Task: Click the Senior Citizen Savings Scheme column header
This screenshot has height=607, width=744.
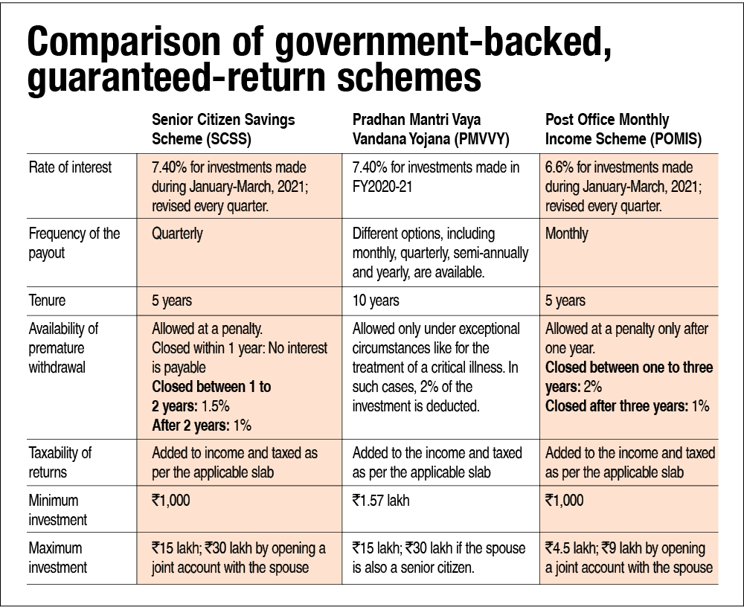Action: [x=223, y=128]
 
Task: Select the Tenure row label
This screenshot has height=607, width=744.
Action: [x=47, y=301]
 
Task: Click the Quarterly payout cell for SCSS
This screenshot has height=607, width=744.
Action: [x=177, y=234]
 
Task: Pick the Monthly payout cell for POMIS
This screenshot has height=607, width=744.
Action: [x=566, y=234]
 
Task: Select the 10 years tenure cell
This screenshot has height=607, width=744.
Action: [x=376, y=301]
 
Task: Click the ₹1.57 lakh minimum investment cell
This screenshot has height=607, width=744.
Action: [x=382, y=501]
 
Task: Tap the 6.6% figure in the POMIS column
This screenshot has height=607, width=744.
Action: [x=561, y=167]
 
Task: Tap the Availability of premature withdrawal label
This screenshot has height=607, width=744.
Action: [x=63, y=347]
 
